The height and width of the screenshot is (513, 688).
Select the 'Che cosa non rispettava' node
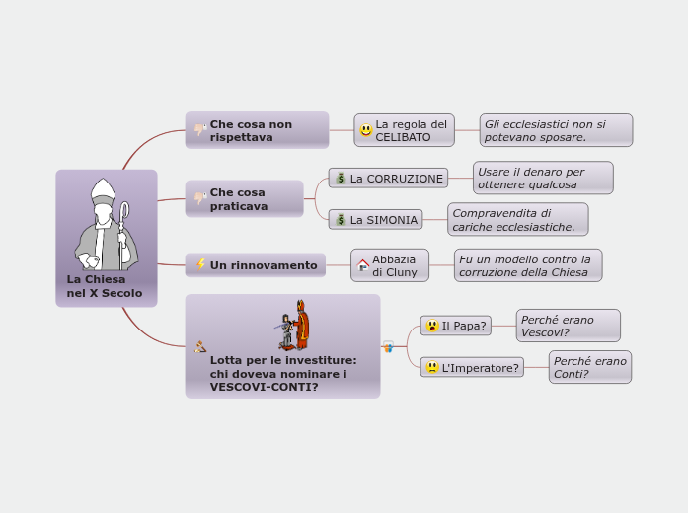point(257,130)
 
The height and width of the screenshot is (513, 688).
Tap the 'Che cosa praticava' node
point(244,198)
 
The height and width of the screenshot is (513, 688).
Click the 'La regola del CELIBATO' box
point(405,130)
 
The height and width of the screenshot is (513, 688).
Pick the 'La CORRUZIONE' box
point(388,178)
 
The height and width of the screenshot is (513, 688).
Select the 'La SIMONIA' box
point(375,219)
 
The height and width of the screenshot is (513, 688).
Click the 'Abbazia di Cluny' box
point(390,265)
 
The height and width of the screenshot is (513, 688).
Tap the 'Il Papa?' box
point(456,326)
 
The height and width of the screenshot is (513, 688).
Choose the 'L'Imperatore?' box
point(472,367)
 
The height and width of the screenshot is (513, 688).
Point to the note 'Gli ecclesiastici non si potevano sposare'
point(557,130)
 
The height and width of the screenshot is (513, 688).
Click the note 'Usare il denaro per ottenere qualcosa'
point(543,178)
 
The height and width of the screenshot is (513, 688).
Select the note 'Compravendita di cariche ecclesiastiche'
point(517,219)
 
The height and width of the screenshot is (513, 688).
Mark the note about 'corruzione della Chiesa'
point(528,265)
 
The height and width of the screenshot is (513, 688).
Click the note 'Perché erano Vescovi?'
point(568,326)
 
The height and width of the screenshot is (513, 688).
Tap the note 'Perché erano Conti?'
point(590,367)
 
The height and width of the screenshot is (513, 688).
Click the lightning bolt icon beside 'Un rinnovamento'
point(201,264)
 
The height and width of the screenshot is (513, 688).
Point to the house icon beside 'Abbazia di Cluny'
point(363,265)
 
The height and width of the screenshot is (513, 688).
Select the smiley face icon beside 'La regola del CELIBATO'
point(366,130)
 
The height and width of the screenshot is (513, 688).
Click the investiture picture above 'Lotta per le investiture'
point(292,326)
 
